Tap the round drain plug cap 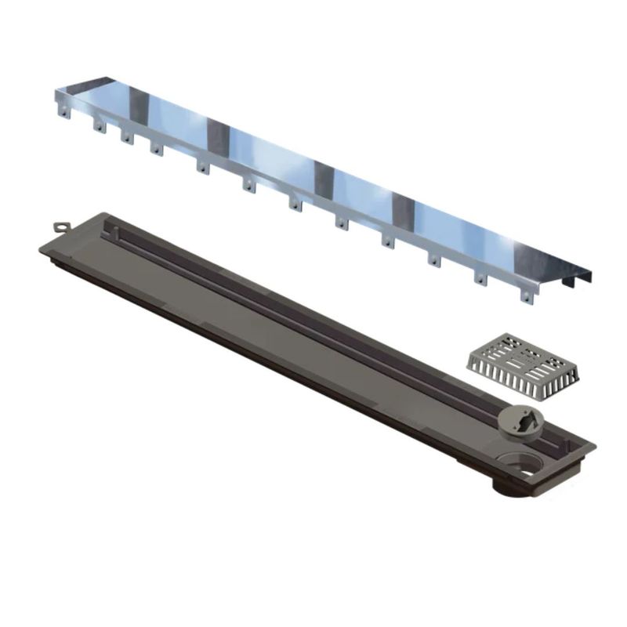(x=519, y=416)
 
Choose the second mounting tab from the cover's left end (x=98, y=125)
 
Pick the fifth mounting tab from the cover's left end (x=202, y=166)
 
